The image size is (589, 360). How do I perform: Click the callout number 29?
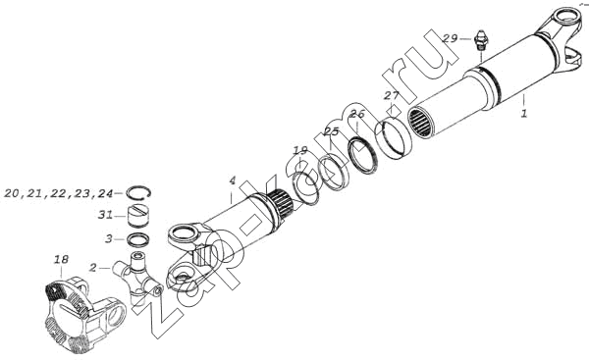pyautogui.click(x=450, y=38)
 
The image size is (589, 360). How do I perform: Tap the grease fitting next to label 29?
pyautogui.click(x=479, y=42)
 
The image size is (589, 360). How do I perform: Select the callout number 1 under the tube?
pyautogui.click(x=524, y=113)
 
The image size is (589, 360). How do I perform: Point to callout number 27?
pyautogui.click(x=391, y=96)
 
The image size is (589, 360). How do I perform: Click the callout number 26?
pyautogui.click(x=357, y=114)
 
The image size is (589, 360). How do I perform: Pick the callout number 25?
pyautogui.click(x=332, y=131)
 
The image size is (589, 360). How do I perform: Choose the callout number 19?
pyautogui.click(x=300, y=151)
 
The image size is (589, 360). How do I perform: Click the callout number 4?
pyautogui.click(x=233, y=180)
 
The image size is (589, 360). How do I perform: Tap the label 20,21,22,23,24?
pyautogui.click(x=59, y=193)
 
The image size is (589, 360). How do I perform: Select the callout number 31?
pyautogui.click(x=105, y=216)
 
